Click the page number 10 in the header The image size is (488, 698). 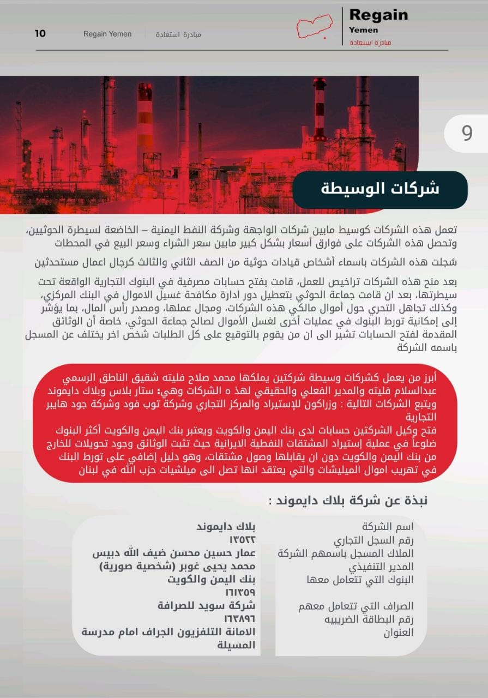40,34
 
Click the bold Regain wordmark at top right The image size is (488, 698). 378,15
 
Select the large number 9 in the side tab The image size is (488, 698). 467,133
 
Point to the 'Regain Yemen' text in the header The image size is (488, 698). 107,34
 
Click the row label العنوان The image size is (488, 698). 399,633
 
